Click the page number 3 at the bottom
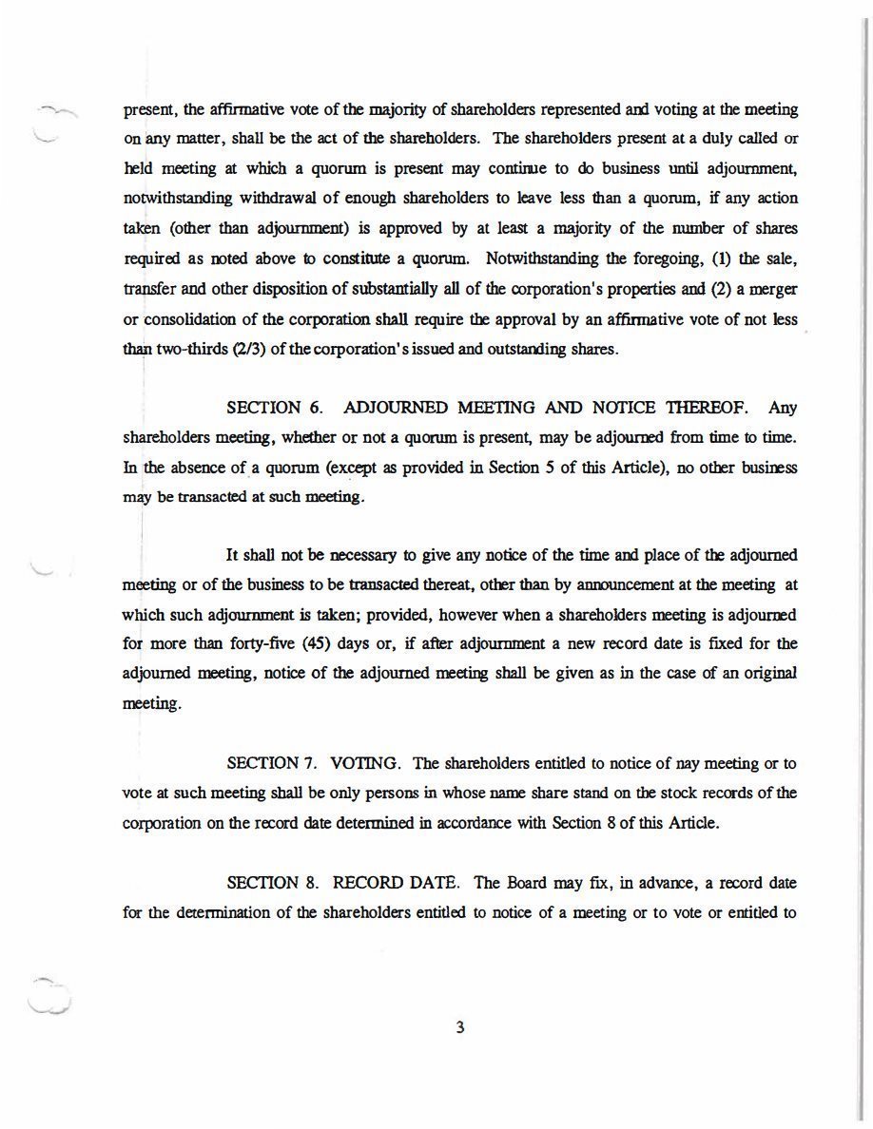pyautogui.click(x=459, y=1027)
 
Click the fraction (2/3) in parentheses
pyautogui.click(x=215, y=349)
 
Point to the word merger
pyautogui.click(x=773, y=289)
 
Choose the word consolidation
pyautogui.click(x=188, y=318)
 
